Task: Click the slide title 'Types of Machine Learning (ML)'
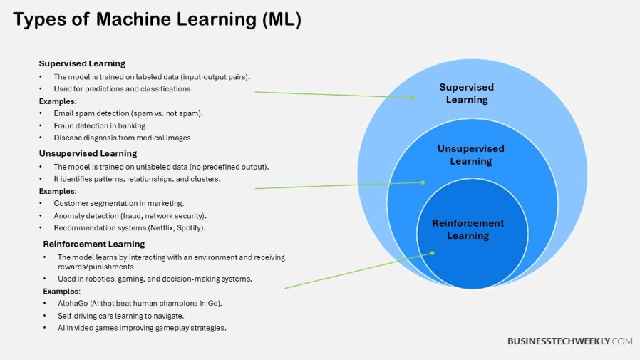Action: pos(157,20)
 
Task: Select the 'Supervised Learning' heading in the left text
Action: pos(82,63)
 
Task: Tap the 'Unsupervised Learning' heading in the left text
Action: pos(88,153)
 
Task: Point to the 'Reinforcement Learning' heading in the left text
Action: pos(93,244)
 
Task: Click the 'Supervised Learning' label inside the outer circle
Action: pos(466,93)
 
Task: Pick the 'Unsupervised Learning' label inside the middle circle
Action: pos(470,155)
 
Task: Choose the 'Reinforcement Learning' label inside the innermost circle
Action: pos(468,230)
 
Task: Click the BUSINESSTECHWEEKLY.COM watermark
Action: pos(569,341)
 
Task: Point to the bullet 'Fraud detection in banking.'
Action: pos(100,125)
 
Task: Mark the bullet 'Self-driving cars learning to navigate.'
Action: pos(121,315)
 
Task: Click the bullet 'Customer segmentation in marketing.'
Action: pos(118,203)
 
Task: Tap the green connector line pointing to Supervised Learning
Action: pos(335,95)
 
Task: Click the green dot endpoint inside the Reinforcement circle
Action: pos(432,252)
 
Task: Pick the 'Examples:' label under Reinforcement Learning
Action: pos(61,291)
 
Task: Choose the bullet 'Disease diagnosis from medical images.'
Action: pos(123,138)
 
